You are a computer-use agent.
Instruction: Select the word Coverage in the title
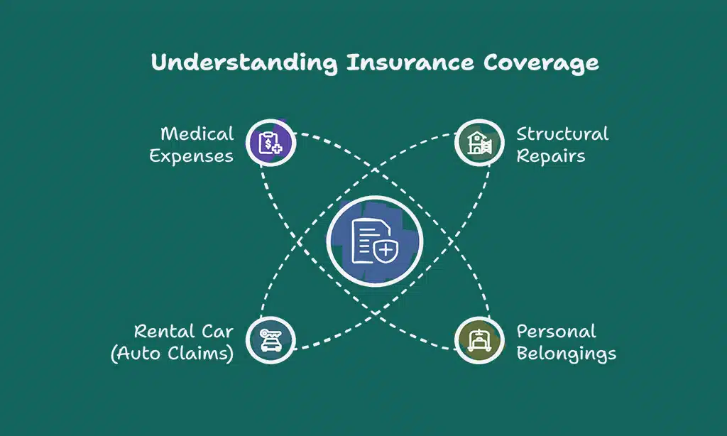coord(541,62)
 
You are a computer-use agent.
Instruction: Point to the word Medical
coord(197,133)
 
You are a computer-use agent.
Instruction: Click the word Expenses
coord(192,156)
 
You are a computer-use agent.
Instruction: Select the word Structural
coord(562,133)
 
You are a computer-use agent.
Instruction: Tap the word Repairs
coord(551,156)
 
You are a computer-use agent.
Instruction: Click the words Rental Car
coord(184,331)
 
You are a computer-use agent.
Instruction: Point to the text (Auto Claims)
coord(173,353)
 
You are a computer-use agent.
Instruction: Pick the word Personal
coord(556,331)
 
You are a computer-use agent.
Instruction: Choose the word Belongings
coord(566,353)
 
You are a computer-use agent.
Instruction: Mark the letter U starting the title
coord(158,62)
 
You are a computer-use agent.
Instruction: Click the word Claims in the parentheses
coord(199,353)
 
